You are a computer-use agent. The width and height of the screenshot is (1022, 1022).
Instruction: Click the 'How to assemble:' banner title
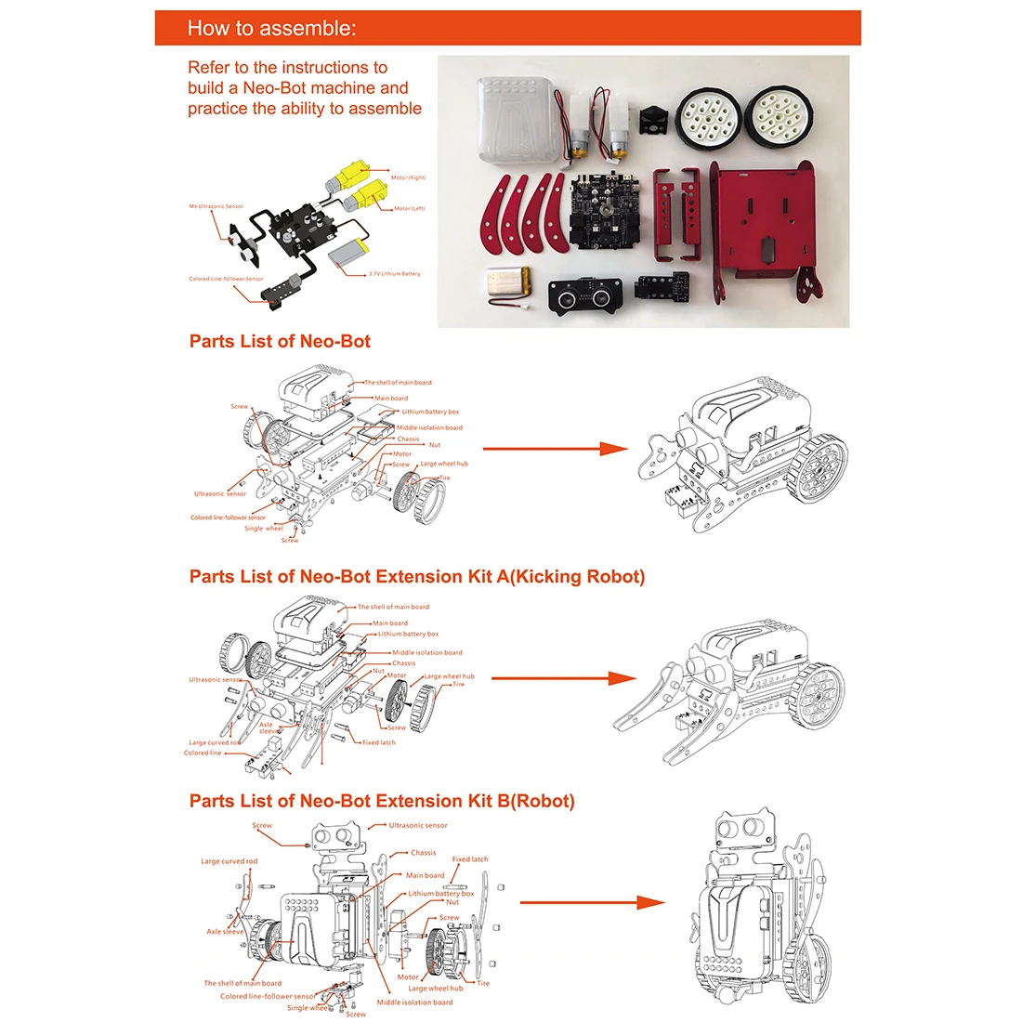(x=271, y=28)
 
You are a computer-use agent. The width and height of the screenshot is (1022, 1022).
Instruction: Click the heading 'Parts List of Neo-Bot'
(x=280, y=341)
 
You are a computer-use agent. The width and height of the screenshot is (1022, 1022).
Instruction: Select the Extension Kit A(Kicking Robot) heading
(x=417, y=576)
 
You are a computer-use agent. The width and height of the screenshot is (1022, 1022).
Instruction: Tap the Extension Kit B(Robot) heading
(x=382, y=801)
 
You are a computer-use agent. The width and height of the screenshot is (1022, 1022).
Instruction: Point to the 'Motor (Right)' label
(x=408, y=177)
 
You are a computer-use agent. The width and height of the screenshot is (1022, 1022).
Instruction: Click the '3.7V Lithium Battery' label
(x=394, y=274)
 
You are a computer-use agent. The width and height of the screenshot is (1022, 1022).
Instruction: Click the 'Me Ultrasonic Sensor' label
(x=216, y=206)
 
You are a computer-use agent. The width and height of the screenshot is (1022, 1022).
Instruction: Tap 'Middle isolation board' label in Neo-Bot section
(x=429, y=427)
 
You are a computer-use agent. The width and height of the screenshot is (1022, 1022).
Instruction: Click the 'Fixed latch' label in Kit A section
(x=379, y=742)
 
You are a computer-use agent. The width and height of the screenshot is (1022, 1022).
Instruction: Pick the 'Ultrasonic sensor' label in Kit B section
(x=418, y=825)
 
